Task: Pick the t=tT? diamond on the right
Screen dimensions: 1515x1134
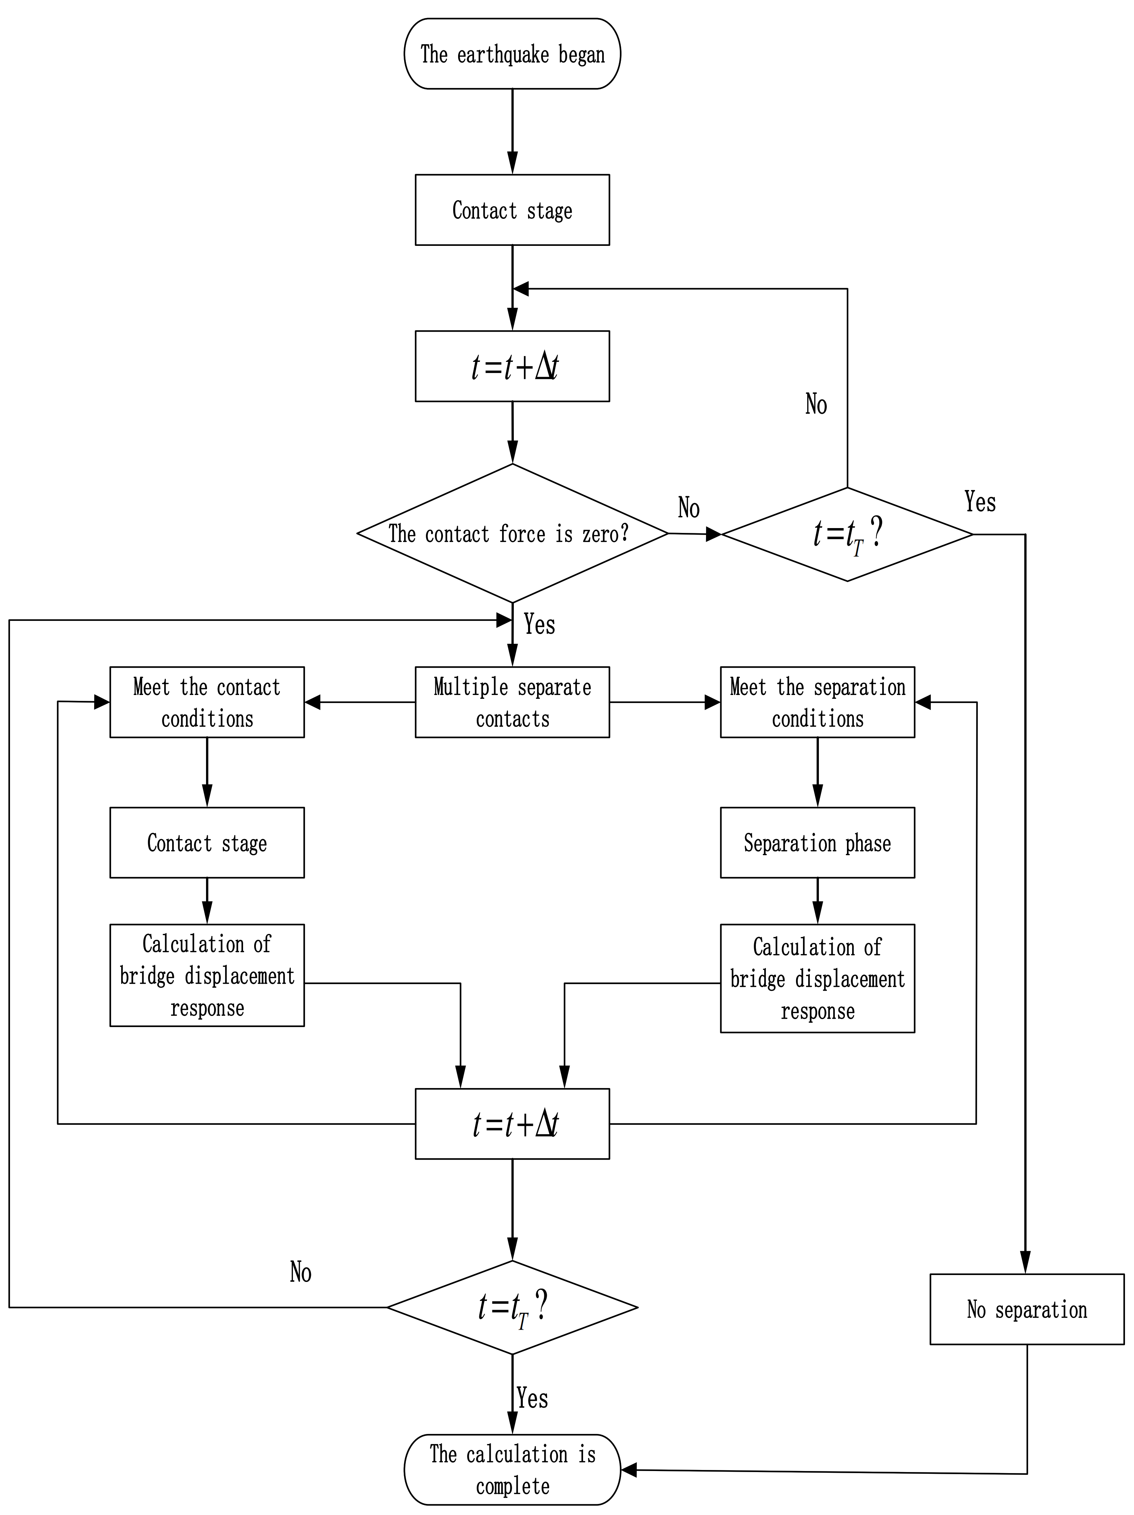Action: click(x=847, y=534)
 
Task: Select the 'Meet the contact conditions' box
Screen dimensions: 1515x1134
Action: click(x=207, y=702)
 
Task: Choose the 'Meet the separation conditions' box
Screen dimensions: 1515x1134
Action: click(x=817, y=702)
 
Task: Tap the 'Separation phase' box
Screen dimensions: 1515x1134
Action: click(x=817, y=843)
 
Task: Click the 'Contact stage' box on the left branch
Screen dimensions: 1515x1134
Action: click(x=207, y=843)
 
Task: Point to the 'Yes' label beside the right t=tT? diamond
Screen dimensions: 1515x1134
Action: click(x=979, y=502)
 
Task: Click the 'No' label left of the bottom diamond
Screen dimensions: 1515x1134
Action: click(x=300, y=1273)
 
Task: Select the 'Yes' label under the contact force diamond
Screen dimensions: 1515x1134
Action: click(x=539, y=624)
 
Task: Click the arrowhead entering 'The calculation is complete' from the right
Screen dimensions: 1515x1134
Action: click(x=628, y=1470)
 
